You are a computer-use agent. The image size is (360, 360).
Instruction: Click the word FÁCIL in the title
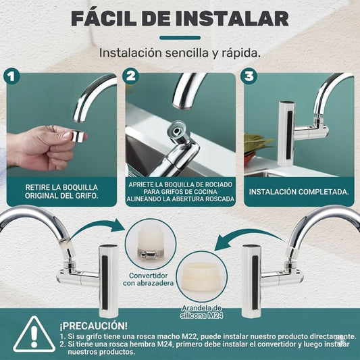103,18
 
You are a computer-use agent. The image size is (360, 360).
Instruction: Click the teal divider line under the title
180,38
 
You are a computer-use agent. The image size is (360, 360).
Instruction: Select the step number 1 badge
11,77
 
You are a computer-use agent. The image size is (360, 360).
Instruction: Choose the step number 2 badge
130,76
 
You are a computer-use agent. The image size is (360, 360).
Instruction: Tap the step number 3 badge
249,76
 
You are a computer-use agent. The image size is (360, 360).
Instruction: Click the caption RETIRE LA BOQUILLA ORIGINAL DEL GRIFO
61,191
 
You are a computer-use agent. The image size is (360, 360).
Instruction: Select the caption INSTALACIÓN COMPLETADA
299,192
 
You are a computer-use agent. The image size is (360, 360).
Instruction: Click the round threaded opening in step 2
177,131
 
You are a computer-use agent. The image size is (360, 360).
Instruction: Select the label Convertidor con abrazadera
149,279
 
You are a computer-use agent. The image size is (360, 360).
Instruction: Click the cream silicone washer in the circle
202,276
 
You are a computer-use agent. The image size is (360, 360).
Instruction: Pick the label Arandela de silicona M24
201,312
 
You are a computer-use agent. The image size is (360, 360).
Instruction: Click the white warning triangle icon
34,335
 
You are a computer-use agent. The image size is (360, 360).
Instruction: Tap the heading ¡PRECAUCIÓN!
93,326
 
